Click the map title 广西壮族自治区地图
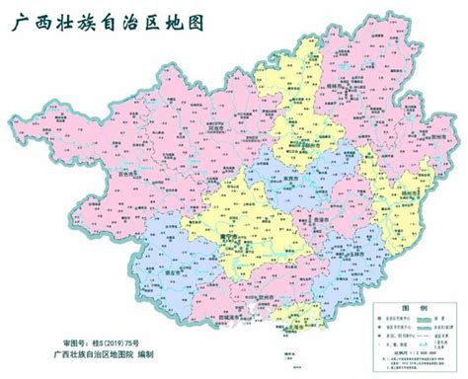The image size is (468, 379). (x=103, y=21)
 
